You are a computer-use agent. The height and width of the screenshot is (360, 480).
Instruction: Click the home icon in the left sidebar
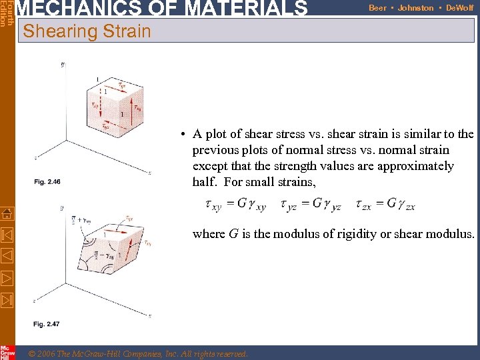pyautogui.click(x=7, y=214)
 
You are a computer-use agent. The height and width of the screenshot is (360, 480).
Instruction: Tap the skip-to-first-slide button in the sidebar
pyautogui.click(x=7, y=235)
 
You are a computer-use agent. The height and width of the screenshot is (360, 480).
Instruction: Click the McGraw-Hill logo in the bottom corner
pyautogui.click(x=7, y=353)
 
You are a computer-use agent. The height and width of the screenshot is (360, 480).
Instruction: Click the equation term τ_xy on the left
pyautogui.click(x=213, y=205)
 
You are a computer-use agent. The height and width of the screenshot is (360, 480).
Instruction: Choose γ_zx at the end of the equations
pyautogui.click(x=406, y=205)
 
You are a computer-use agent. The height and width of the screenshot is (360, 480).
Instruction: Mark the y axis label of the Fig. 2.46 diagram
pyautogui.click(x=62, y=64)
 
